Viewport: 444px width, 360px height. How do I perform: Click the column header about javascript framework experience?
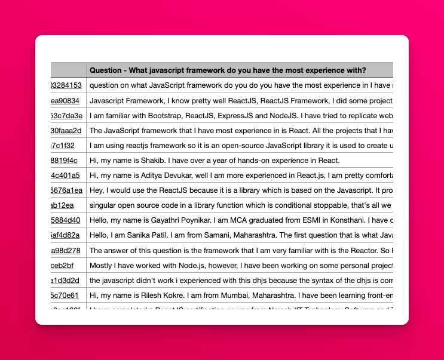click(228, 70)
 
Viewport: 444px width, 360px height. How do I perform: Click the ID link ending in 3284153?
click(66, 85)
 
